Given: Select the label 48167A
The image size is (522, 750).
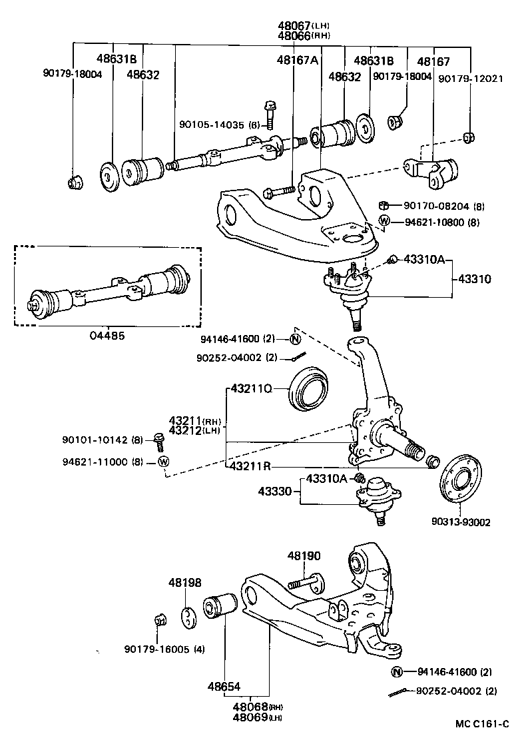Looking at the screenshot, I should pos(297,60).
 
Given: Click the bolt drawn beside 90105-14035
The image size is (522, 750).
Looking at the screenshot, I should pos(270,114).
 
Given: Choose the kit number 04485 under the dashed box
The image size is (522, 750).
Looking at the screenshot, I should pos(107,335).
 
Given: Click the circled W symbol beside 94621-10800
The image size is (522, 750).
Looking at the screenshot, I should pos(384,221).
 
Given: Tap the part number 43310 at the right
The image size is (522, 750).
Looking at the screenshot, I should pos(474,279).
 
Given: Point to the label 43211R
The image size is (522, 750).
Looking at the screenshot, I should pos(250,466).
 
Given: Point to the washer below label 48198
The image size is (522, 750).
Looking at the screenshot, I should pos(188,616).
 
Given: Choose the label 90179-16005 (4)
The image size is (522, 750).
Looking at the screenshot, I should pos(164,650).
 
